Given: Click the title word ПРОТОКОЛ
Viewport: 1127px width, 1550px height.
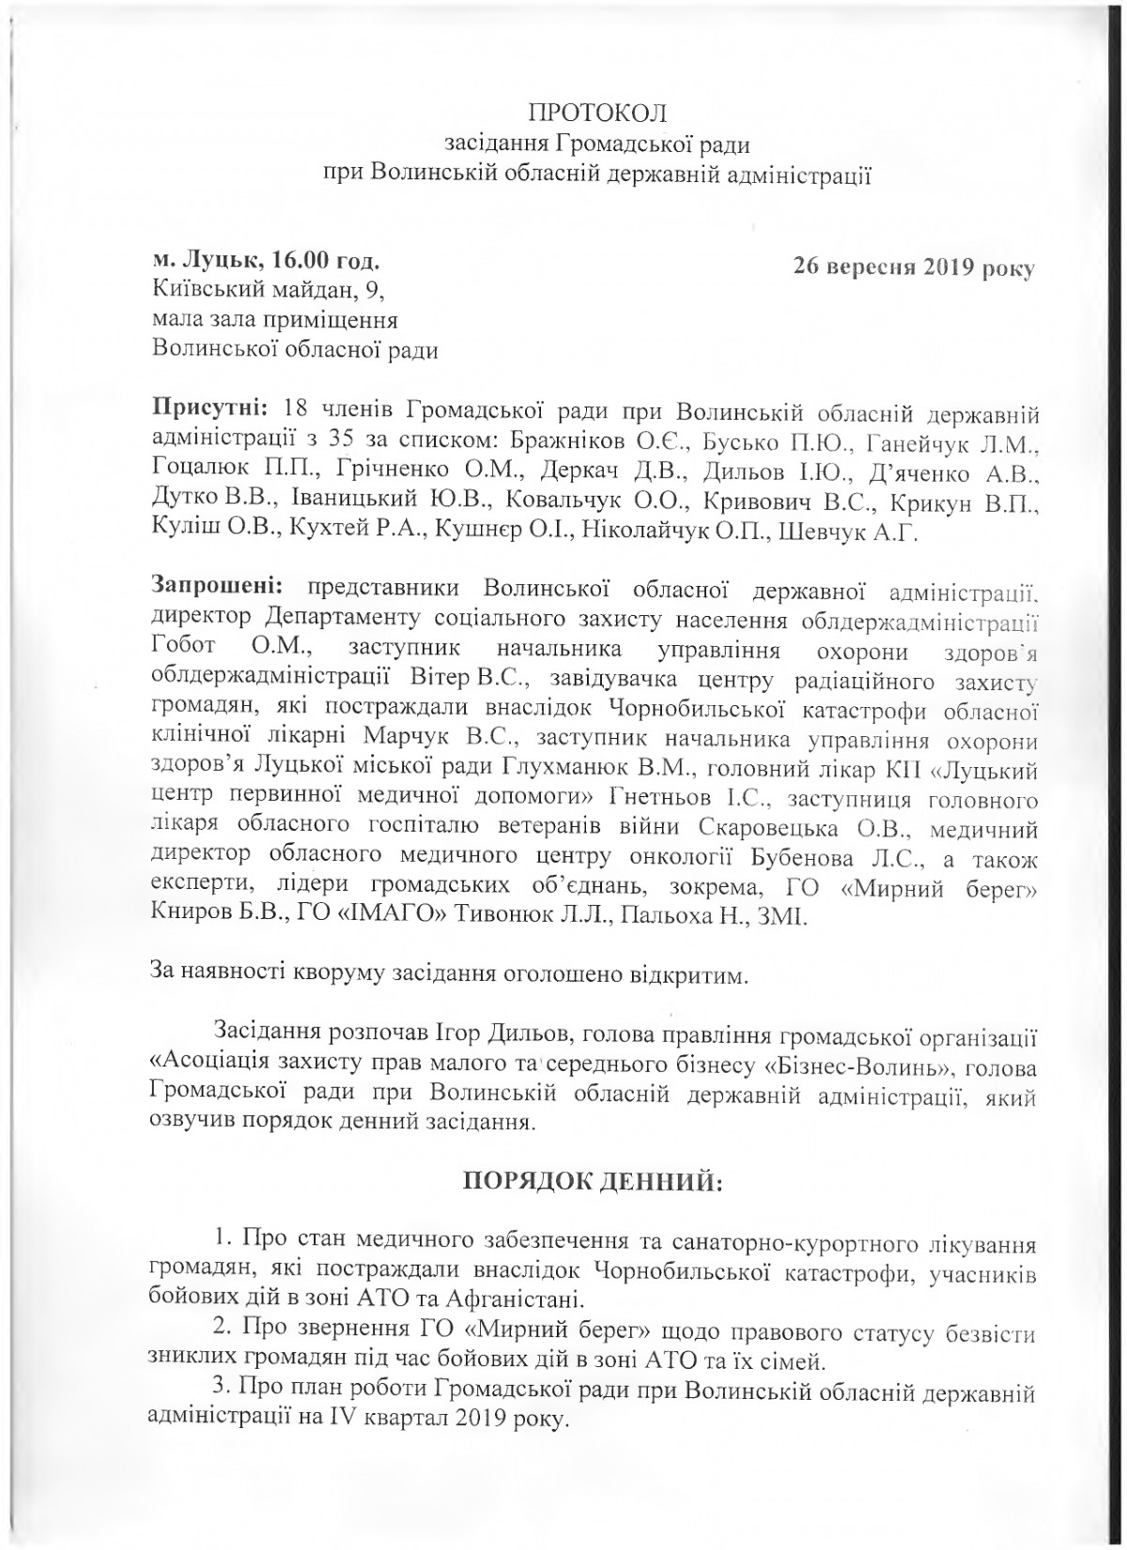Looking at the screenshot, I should pos(598,115).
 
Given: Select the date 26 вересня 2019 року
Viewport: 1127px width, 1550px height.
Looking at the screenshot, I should pos(913,269).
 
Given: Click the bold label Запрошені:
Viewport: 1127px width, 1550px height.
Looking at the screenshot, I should pos(217,587).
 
